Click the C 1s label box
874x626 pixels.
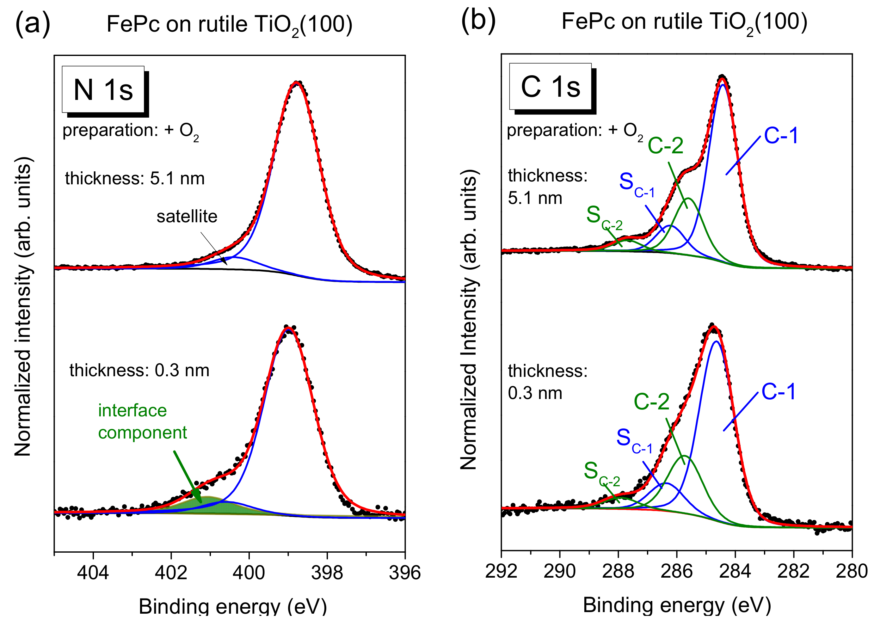coord(550,87)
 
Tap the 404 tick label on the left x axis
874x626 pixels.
coord(93,573)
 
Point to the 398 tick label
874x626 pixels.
coord(327,573)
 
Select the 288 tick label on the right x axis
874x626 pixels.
coord(618,571)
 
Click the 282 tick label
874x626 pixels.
coord(793,571)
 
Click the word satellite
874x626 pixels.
coord(187,217)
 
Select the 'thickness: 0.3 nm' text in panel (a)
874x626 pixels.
coord(139,371)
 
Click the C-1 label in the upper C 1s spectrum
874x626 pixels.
coord(781,136)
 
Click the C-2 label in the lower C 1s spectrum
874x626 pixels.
coord(652,402)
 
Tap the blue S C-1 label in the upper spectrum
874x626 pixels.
coord(636,184)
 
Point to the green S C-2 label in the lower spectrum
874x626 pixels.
coord(601,473)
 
